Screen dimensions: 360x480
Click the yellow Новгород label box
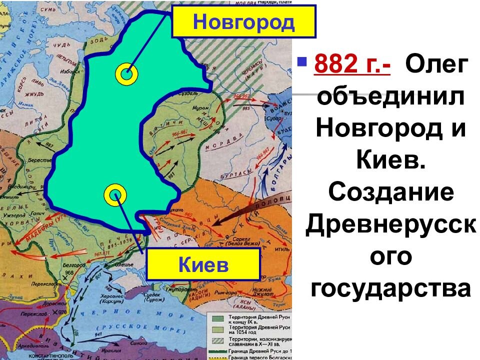point(243,21)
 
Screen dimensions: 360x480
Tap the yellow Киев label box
point(203,264)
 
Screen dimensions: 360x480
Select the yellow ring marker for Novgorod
point(126,74)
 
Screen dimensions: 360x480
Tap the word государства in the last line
point(390,288)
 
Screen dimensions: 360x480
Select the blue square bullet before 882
point(301,62)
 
